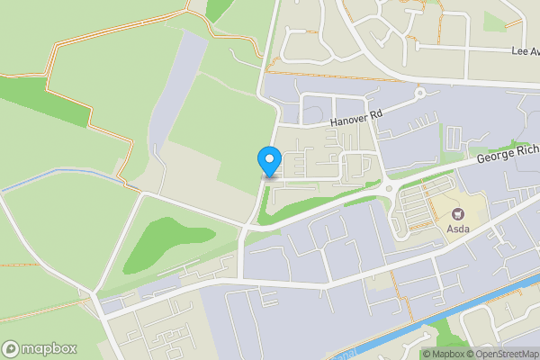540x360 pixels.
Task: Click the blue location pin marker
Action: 268,160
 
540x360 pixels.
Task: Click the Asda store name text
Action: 458,229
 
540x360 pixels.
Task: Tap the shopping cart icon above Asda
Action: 458,214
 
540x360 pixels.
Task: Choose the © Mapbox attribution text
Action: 443,353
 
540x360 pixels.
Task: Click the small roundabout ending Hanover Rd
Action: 419,93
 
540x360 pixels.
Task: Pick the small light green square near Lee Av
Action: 494,21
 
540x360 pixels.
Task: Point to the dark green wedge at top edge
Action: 218,9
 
